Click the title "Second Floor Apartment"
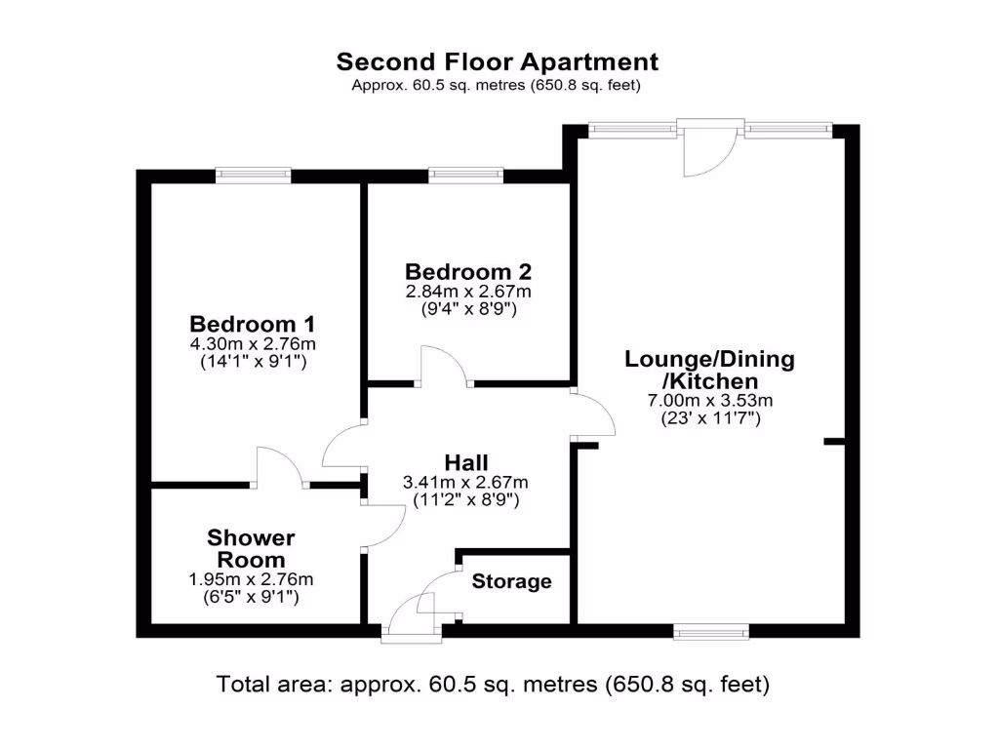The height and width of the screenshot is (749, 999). (x=498, y=62)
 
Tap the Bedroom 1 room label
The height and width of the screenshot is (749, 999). (x=252, y=324)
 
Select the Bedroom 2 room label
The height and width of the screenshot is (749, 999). (x=468, y=271)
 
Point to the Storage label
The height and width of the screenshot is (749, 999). (x=511, y=582)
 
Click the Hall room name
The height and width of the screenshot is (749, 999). (x=465, y=462)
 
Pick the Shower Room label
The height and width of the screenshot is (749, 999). (x=251, y=549)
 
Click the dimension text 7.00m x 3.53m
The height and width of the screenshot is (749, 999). (x=710, y=400)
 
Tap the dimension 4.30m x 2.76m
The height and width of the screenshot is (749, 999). (x=252, y=344)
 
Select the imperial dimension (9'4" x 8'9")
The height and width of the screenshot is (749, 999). (x=468, y=310)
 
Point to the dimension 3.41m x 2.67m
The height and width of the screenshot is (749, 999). (x=465, y=482)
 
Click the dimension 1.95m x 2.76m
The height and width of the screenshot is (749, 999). (x=251, y=578)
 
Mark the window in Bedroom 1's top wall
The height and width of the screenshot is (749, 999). (x=254, y=176)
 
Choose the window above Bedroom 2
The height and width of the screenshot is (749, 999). (x=466, y=176)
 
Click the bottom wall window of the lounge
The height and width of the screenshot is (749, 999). (x=712, y=632)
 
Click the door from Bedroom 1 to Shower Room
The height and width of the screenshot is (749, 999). (x=280, y=466)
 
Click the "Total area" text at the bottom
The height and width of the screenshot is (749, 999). (x=493, y=685)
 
